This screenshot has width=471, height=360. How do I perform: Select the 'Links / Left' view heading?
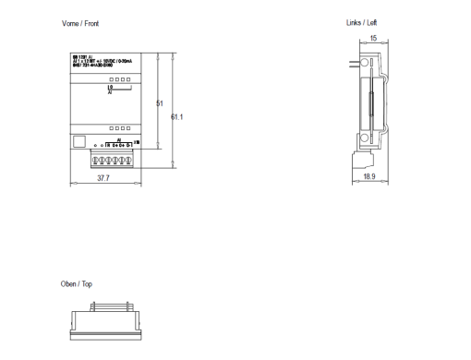[x=362, y=21]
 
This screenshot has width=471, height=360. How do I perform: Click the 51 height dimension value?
[x=159, y=103]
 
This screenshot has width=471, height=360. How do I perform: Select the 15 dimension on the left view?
[x=373, y=39]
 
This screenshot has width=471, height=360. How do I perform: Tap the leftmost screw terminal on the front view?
[x=96, y=158]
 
